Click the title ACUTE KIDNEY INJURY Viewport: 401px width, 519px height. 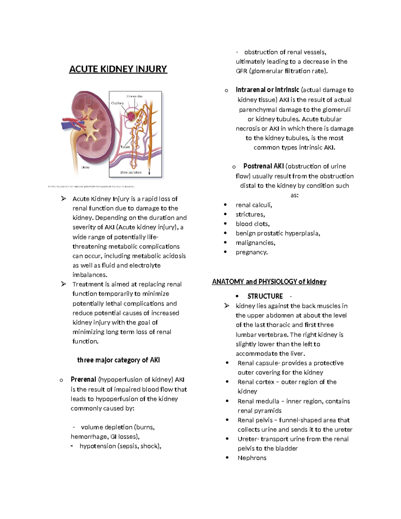coord(118,69)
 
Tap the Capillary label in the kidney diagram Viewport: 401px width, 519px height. coord(117,103)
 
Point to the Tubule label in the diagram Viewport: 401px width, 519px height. coord(125,147)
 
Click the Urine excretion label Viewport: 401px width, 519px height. coord(130,172)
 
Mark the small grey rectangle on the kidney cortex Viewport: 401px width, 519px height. coord(89,101)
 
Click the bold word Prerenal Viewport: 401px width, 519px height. coord(83,380)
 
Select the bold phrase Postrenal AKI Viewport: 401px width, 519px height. coord(263,166)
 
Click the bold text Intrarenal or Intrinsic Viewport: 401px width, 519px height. coord(267,90)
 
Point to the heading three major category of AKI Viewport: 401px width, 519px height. coord(118,360)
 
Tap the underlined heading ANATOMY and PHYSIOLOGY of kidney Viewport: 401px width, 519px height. coord(269,282)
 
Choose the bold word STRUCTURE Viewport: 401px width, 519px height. coord(265,296)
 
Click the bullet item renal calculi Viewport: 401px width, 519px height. coord(254,205)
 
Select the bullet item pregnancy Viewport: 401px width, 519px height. coord(252,252)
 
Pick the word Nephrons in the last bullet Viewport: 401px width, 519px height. coord(252,458)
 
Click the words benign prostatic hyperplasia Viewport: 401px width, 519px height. coord(278,233)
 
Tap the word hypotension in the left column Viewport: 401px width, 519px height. coord(97,446)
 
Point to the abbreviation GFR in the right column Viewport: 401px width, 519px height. coord(241,71)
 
